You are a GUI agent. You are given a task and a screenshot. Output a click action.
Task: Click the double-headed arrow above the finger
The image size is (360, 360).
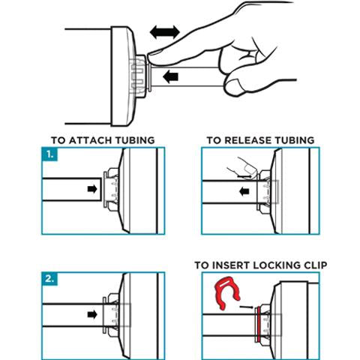tap(165, 32)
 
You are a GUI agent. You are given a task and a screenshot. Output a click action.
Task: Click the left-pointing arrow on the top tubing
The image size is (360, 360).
tap(170, 76)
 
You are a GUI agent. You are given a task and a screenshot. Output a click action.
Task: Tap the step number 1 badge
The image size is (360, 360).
tap(50, 154)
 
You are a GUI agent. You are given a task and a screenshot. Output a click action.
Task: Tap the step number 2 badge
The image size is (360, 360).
tap(50, 279)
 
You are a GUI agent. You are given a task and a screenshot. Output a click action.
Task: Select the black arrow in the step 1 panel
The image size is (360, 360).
tap(92, 189)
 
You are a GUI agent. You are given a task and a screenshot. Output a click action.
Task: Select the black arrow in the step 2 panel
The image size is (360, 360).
tap(92, 314)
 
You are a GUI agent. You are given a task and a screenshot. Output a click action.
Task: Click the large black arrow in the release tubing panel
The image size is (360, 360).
tap(244, 192)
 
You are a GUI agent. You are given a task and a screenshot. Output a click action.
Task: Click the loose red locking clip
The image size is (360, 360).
tap(227, 292)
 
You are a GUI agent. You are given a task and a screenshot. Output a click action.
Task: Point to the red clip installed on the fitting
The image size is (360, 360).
tap(258, 325)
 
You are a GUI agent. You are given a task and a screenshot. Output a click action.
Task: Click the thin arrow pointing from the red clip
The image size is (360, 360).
tap(247, 307)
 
